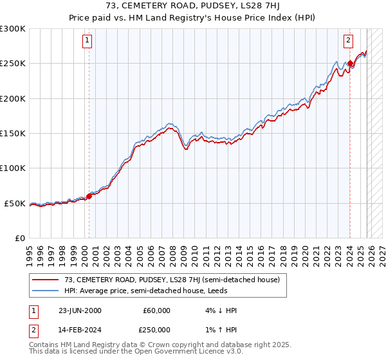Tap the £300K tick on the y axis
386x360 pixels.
tap(13, 29)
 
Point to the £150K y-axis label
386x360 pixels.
tap(13, 134)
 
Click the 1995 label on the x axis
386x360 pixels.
tap(30, 249)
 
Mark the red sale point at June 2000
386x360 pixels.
tap(89, 196)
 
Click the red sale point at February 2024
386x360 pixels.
tap(351, 63)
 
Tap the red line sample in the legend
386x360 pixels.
tap(45, 280)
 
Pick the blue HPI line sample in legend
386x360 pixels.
tap(45, 291)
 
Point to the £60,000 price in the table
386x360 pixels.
tap(157, 310)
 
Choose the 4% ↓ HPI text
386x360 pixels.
tap(219, 310)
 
